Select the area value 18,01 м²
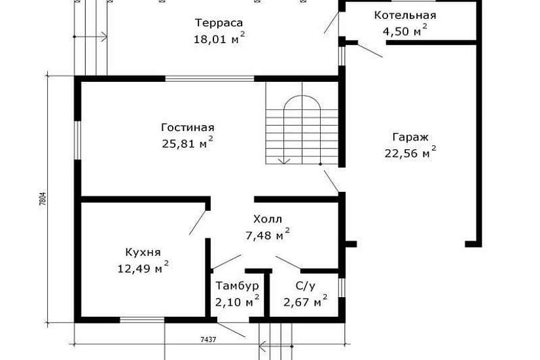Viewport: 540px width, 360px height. click(x=219, y=39)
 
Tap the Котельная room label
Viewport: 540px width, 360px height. click(x=405, y=15)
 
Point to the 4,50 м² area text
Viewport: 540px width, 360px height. click(x=405, y=29)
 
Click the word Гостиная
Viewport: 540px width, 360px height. click(x=188, y=128)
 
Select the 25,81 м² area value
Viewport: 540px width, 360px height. click(x=187, y=143)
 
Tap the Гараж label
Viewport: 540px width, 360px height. click(x=410, y=137)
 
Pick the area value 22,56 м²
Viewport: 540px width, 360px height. click(x=410, y=153)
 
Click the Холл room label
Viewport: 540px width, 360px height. click(x=268, y=219)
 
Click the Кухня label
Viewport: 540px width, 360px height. click(x=143, y=252)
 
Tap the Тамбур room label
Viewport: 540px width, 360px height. click(x=237, y=286)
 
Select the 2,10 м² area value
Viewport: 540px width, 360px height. click(x=237, y=301)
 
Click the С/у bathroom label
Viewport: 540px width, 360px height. click(x=306, y=286)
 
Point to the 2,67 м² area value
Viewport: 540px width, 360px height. click(x=305, y=301)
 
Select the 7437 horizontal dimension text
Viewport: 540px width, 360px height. click(x=209, y=340)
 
